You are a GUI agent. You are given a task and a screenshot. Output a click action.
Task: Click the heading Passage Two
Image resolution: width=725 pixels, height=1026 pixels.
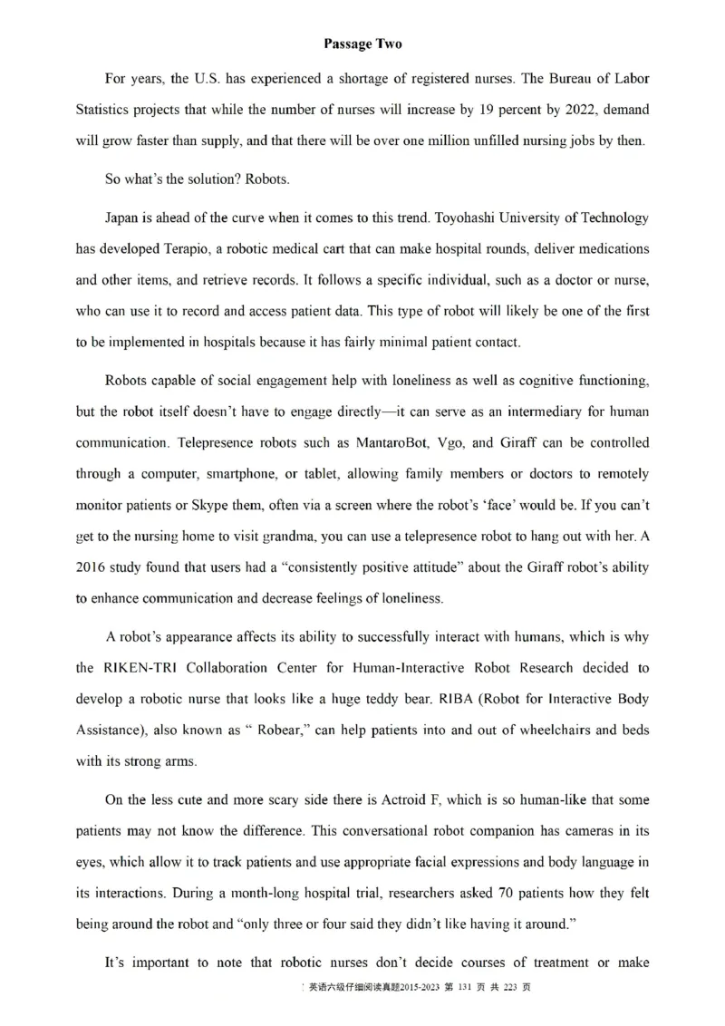pyautogui.click(x=362, y=44)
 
